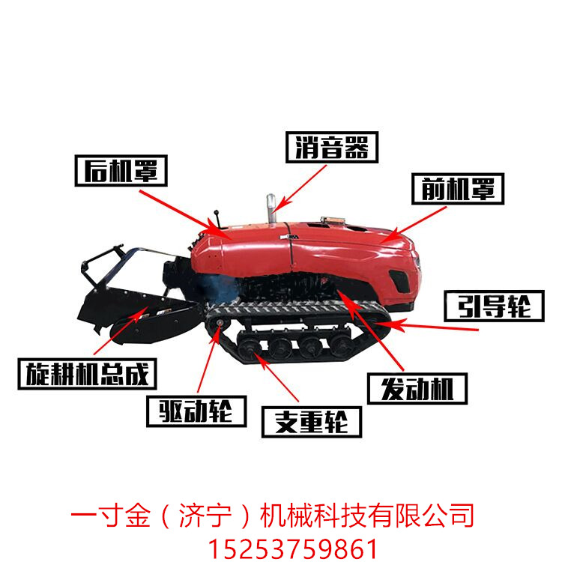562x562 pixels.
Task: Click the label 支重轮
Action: [311, 421]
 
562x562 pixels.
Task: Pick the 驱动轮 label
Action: [196, 410]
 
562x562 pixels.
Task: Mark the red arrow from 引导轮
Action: [435, 327]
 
